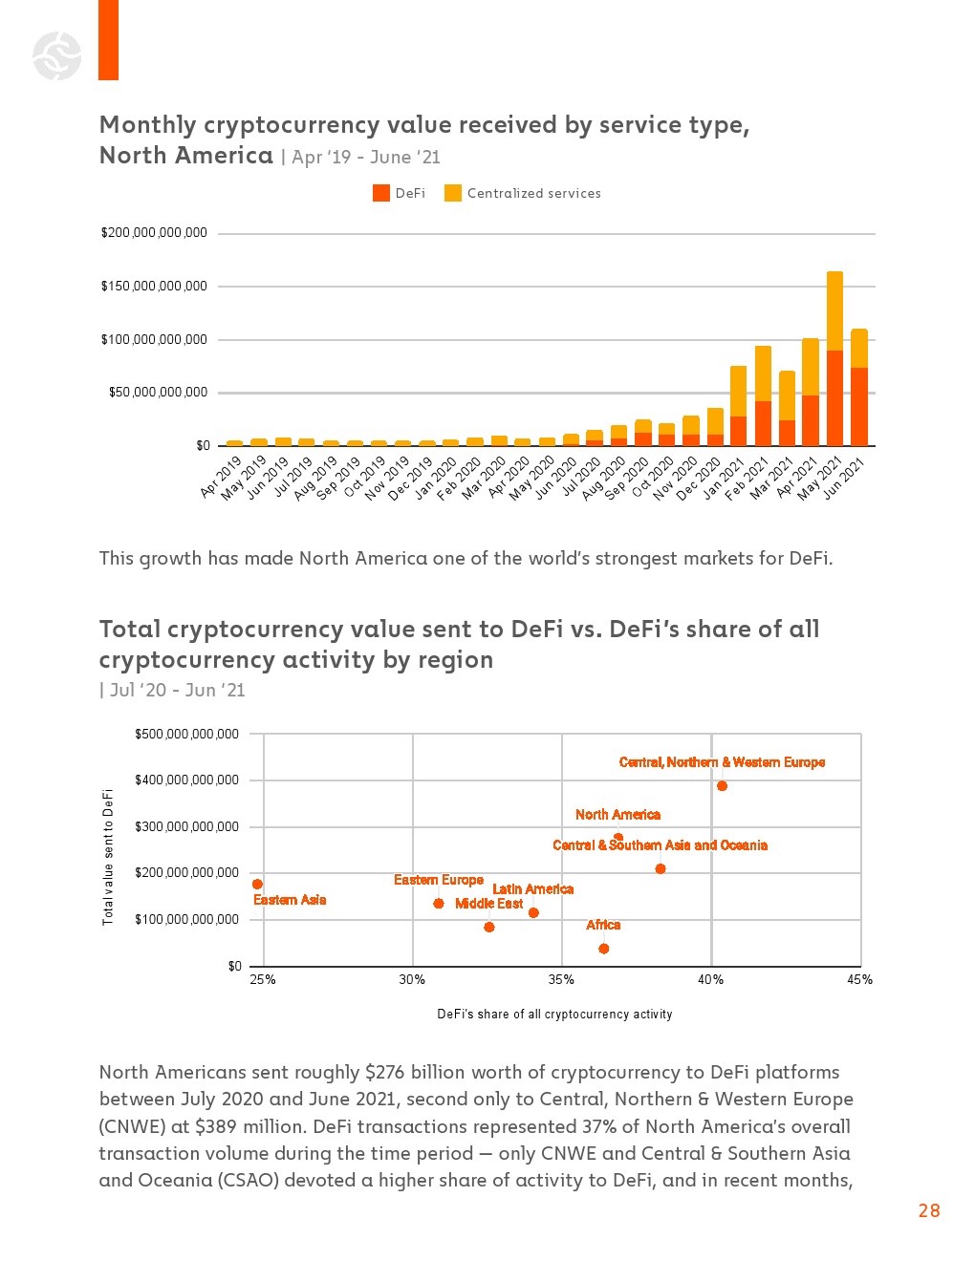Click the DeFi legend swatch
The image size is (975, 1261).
(x=381, y=193)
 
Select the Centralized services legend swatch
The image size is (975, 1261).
(x=453, y=193)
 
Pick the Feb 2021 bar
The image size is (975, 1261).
(x=763, y=395)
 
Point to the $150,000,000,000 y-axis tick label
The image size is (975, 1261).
(x=154, y=287)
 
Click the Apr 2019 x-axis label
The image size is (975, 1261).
(x=222, y=477)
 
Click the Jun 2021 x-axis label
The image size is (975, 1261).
(x=845, y=477)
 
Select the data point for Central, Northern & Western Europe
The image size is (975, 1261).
(x=722, y=786)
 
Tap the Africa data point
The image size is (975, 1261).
(x=603, y=949)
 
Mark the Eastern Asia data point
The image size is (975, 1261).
(x=257, y=885)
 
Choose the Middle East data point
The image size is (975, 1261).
(x=489, y=927)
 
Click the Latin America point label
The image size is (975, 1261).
(x=532, y=889)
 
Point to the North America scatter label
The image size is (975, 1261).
(x=617, y=815)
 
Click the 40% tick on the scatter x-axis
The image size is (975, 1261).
(x=710, y=980)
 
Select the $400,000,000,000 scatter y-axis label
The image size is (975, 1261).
(x=186, y=780)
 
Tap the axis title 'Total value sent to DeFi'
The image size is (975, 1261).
(x=108, y=856)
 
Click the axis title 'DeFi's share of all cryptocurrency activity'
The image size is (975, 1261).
(x=554, y=1015)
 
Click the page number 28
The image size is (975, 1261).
(x=928, y=1210)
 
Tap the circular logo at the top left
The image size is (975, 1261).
(x=56, y=55)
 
